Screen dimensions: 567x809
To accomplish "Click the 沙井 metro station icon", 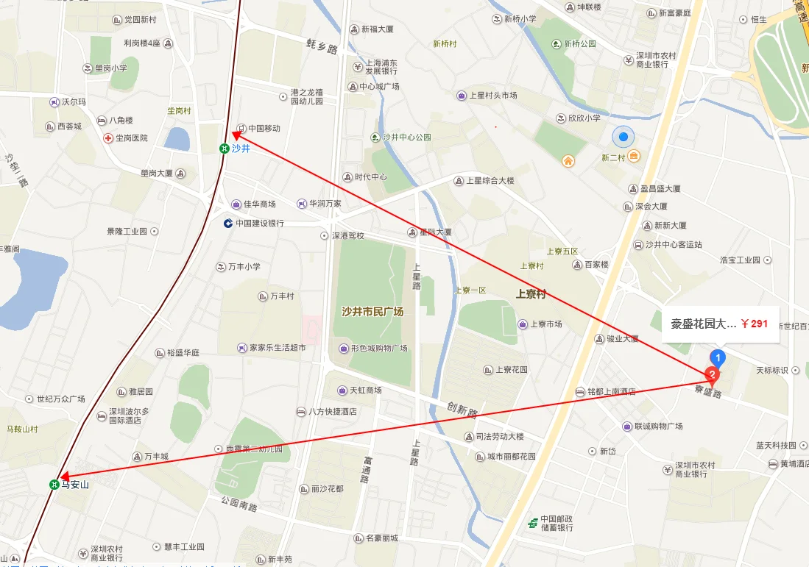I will tap(223, 149).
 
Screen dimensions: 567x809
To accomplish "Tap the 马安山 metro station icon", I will tap(54, 485).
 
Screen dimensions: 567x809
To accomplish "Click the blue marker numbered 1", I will tap(719, 357).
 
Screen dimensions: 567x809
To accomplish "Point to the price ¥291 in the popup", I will tap(755, 324).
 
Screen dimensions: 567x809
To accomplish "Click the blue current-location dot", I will tap(623, 137).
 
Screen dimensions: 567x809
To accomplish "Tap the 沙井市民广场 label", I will tap(372, 312).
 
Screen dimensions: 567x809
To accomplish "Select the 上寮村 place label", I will tap(531, 294).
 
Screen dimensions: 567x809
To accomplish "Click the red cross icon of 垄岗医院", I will tap(107, 138).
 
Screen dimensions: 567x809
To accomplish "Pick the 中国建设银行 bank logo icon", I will tap(229, 223).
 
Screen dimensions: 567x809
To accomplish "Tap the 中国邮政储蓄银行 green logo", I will tap(532, 523).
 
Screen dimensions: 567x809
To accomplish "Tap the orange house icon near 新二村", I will tap(568, 160).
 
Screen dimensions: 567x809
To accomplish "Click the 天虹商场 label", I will tap(365, 391).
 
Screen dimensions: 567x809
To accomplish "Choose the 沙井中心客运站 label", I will tap(674, 245).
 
